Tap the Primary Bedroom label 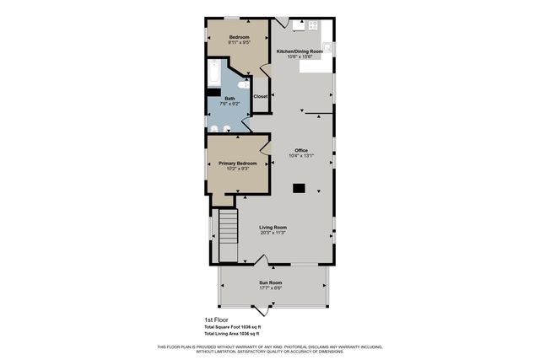[x=237, y=163]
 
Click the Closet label [x=261, y=96]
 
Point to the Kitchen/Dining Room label [x=300, y=51]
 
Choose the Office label [x=301, y=150]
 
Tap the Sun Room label [x=270, y=282]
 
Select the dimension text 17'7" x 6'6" [x=270, y=288]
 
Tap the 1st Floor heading [x=217, y=320]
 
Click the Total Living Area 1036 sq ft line [x=233, y=334]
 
